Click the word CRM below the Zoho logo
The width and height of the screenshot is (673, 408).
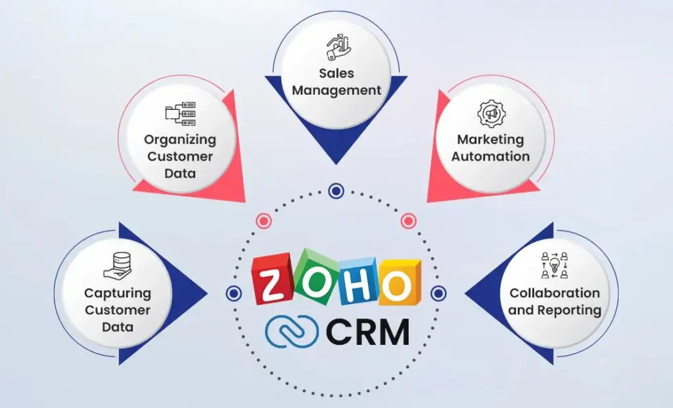(x=368, y=332)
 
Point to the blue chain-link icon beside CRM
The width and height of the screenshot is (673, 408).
(x=292, y=331)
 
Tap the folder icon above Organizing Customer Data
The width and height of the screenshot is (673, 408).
(x=180, y=114)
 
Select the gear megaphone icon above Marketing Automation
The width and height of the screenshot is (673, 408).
(x=492, y=113)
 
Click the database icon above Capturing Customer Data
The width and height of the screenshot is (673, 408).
(x=118, y=266)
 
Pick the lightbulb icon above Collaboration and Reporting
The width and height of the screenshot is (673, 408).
(x=554, y=265)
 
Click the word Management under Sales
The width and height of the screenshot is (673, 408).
(x=336, y=90)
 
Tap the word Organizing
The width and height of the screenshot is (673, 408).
(x=180, y=140)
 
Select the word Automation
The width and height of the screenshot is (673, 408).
(x=490, y=156)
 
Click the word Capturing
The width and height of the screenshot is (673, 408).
(x=118, y=293)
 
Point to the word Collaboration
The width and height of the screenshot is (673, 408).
(x=555, y=293)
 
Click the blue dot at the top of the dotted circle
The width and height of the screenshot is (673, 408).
(x=336, y=190)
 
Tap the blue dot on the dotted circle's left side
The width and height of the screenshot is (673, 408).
(x=234, y=293)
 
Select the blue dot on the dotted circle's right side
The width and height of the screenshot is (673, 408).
(x=438, y=293)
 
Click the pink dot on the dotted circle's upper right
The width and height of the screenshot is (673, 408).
(x=409, y=221)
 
